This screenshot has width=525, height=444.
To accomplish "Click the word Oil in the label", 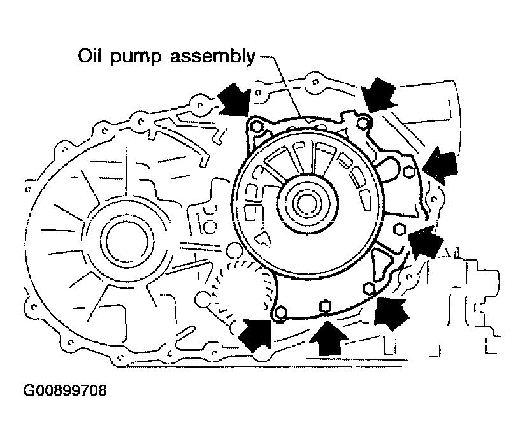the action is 90,55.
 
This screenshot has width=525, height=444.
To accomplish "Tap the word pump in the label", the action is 136,57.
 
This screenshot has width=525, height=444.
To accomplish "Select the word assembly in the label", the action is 213,56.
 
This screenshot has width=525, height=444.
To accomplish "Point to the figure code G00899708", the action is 65,390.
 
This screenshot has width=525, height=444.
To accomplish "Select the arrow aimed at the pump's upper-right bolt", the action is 378,94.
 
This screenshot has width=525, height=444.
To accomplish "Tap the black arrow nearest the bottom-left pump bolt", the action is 257,335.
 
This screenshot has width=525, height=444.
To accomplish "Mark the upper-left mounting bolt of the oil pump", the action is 255,127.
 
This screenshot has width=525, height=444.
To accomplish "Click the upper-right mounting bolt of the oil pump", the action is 362,122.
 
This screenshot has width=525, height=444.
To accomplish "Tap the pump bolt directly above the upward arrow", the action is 324,306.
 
